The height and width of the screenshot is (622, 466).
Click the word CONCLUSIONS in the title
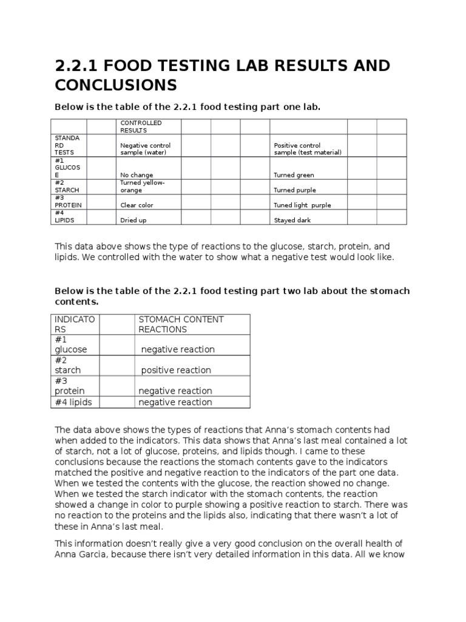pos(115,84)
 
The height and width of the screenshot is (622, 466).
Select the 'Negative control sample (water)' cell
pos(145,149)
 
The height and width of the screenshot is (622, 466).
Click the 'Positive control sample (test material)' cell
pos(308,149)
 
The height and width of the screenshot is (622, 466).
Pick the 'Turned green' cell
pos(294,175)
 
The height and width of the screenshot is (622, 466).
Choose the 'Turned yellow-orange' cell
pos(142,186)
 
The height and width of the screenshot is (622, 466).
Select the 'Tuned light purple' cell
pos(302,205)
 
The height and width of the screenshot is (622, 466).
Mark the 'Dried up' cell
pos(133,220)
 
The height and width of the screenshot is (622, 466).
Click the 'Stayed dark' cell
pos(292,220)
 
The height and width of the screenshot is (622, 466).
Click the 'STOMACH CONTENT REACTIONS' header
pos(181,324)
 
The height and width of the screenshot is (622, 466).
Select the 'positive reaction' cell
pos(176,370)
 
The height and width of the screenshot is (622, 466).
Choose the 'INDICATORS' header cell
pos(75,324)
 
